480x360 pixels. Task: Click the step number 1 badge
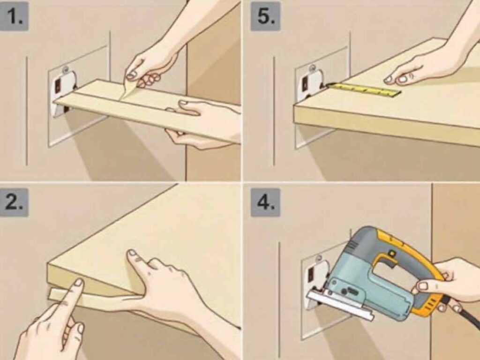15,16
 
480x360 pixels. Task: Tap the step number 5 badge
265,16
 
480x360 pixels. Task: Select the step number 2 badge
15,202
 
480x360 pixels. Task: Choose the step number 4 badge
265,202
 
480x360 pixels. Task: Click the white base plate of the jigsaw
340,305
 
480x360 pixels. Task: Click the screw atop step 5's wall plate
313,68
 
